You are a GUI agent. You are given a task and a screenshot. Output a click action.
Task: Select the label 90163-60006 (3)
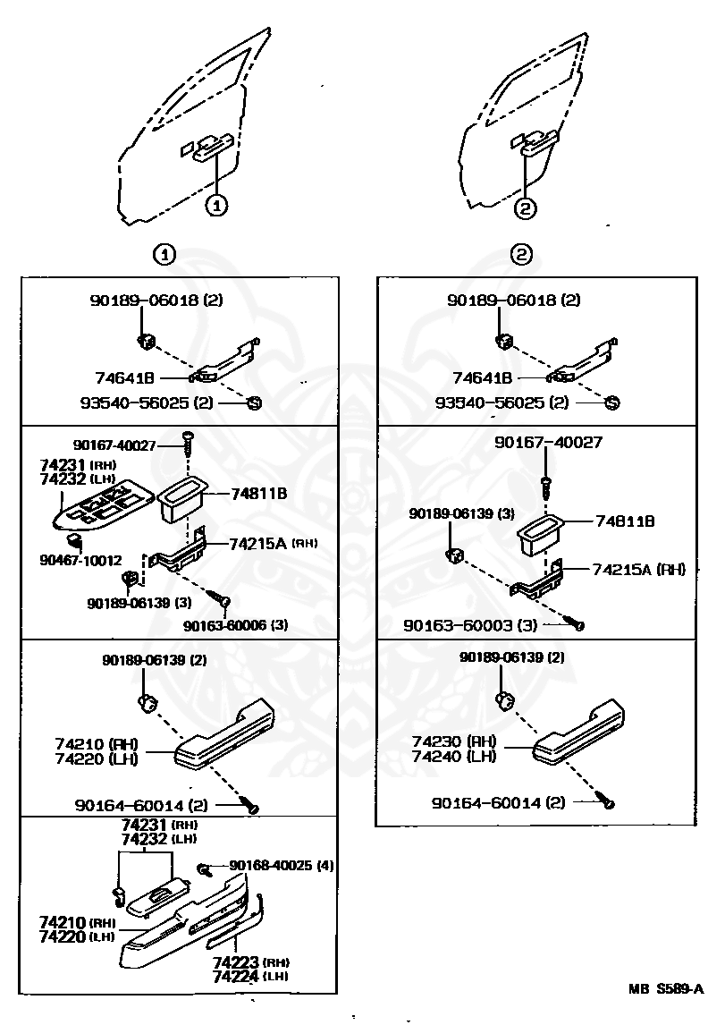click(x=236, y=624)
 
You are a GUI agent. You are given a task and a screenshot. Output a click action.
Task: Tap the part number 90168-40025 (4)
click(x=281, y=865)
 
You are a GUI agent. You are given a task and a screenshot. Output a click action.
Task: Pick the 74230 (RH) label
click(x=454, y=741)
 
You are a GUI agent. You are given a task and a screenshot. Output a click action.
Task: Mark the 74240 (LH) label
click(x=454, y=756)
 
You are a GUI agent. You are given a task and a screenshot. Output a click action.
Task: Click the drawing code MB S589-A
click(x=665, y=988)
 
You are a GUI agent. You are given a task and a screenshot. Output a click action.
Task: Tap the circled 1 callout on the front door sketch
click(x=217, y=205)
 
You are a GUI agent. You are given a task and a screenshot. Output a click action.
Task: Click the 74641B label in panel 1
click(x=124, y=377)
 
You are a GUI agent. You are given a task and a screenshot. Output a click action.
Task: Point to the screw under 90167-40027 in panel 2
click(x=545, y=488)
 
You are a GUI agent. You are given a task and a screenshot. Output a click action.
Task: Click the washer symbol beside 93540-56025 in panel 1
click(x=253, y=403)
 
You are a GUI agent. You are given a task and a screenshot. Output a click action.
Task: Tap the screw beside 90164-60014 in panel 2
click(x=608, y=803)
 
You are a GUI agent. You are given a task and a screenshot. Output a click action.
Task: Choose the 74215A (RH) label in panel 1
click(x=273, y=543)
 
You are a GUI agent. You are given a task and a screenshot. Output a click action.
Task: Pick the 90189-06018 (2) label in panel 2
click(x=513, y=301)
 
